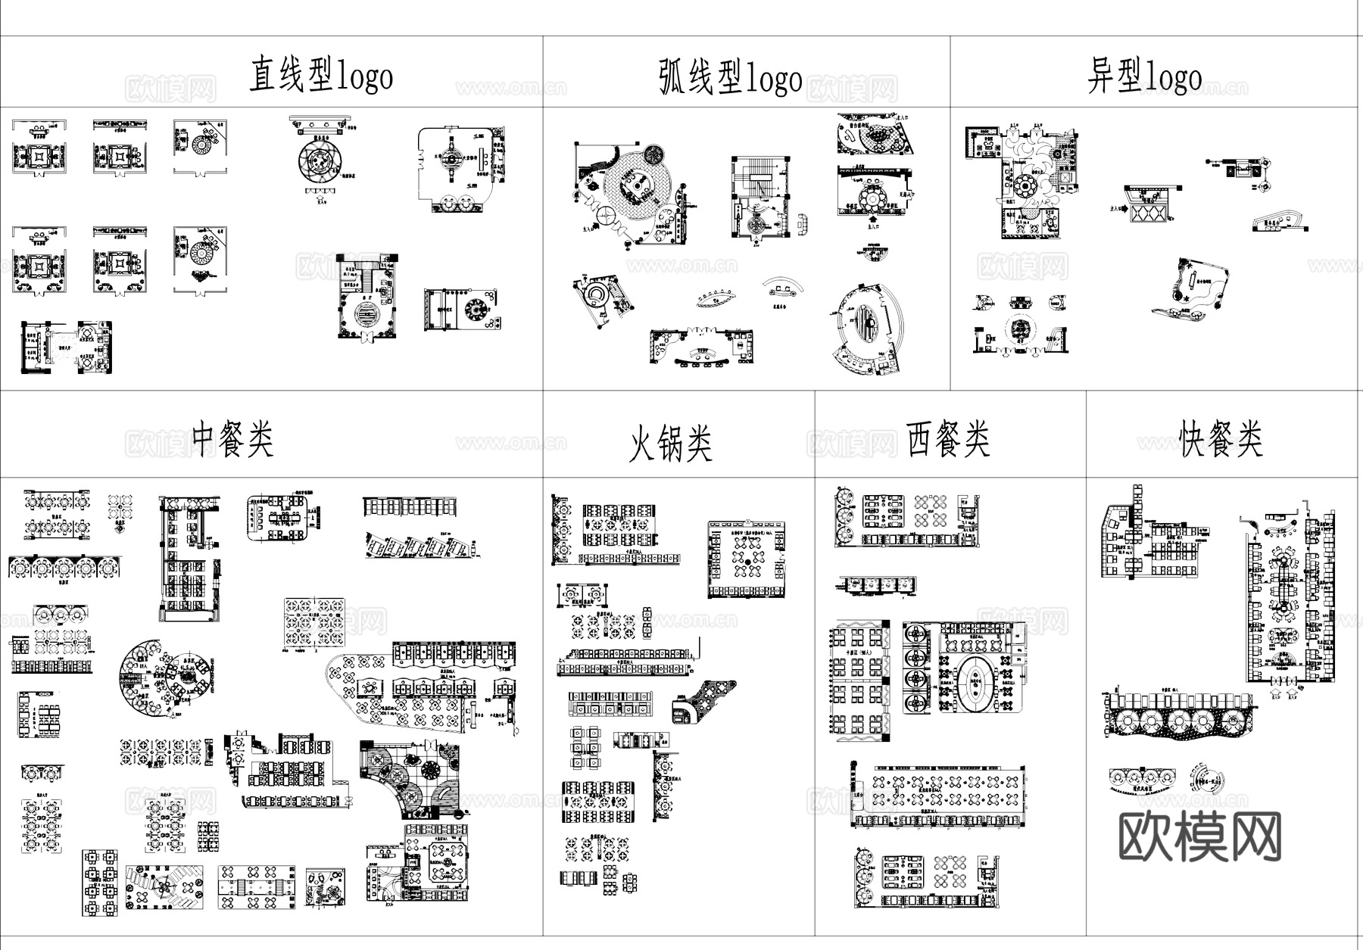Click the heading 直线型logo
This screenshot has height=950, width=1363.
pyautogui.click(x=321, y=76)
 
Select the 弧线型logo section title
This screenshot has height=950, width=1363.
pyautogui.click(x=730, y=78)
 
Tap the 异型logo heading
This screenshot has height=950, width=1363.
pyautogui.click(x=1144, y=76)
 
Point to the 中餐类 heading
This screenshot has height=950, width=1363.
pyautogui.click(x=232, y=439)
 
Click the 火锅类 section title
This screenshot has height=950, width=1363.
pyautogui.click(x=671, y=443)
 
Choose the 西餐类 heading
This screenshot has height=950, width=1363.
pyautogui.click(x=948, y=439)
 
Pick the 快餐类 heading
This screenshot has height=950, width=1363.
pyautogui.click(x=1221, y=439)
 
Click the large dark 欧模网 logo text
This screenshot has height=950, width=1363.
pyautogui.click(x=1199, y=836)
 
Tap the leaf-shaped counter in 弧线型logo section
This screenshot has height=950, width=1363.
pyautogui.click(x=714, y=297)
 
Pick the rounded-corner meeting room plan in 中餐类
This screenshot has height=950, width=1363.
pyautogui.click(x=280, y=519)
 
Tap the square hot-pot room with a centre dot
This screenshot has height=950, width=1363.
pyautogui.click(x=746, y=559)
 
